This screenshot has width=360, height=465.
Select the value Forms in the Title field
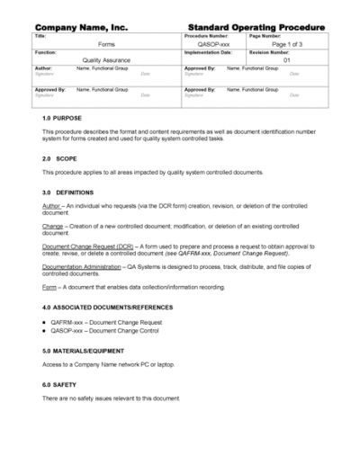tap(105, 42)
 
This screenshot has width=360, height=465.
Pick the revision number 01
tap(286, 60)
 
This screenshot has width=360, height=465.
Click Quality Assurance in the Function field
tap(105, 60)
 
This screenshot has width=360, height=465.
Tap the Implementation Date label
tap(208, 52)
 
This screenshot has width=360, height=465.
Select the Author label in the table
tap(43, 68)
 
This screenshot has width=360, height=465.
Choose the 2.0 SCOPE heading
tap(59, 158)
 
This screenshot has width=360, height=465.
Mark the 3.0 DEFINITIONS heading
tap(68, 192)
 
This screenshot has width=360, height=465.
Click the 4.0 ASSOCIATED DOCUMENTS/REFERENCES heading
tap(107, 309)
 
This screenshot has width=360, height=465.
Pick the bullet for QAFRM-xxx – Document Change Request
tap(46, 321)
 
